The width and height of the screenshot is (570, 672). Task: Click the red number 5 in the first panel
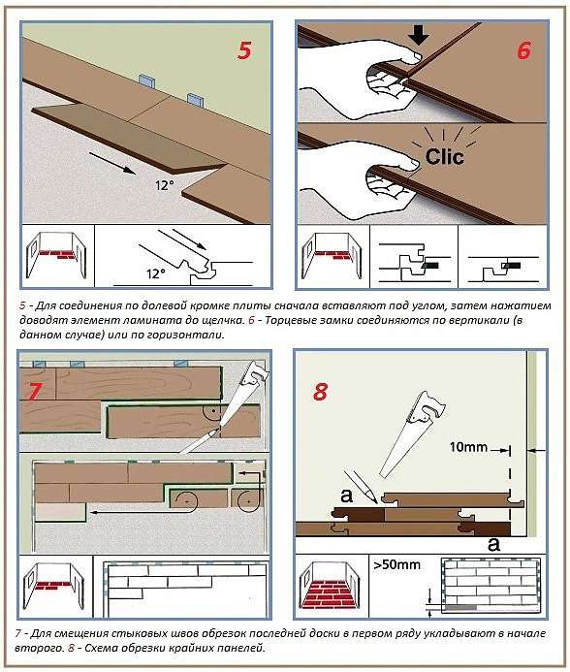coord(244,50)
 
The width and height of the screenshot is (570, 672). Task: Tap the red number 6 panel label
coord(523,50)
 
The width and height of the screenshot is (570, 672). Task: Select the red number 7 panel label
coord(34,392)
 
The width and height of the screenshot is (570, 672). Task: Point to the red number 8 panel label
coord(321,392)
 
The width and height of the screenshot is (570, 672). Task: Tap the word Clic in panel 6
coord(444,156)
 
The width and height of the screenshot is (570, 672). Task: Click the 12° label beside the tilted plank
coord(165,185)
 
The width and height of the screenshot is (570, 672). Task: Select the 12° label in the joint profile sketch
coord(156,273)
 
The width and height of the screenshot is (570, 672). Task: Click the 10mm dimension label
coord(468,447)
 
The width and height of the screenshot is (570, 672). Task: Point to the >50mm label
coord(396,565)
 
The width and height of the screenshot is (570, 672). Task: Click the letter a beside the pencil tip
coord(346,496)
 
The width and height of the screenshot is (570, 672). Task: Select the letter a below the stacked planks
coord(493,544)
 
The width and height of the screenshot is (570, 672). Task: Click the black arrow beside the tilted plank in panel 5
coord(112,163)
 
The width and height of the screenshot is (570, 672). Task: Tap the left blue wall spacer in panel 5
coord(146,80)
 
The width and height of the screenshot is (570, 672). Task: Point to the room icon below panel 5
coord(57,256)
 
